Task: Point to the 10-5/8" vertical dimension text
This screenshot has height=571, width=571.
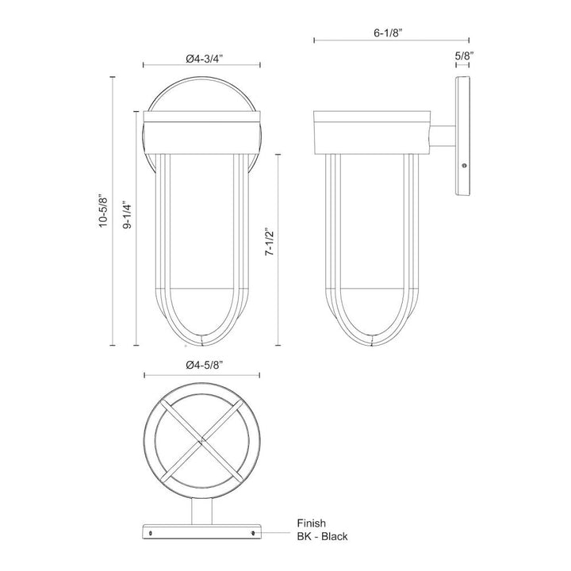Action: (x=102, y=211)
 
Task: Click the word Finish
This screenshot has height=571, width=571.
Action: (x=313, y=523)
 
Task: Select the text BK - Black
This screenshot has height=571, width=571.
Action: (x=328, y=537)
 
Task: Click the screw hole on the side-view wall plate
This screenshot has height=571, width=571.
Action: (x=464, y=166)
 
